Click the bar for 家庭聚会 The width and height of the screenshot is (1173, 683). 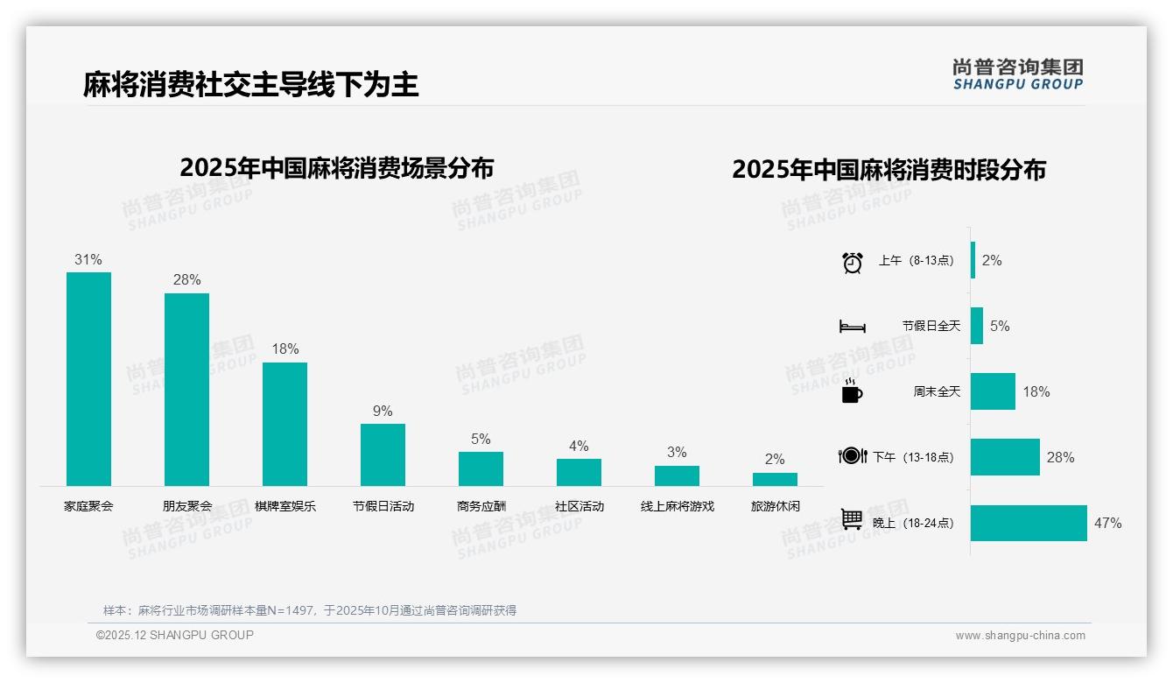pyautogui.click(x=88, y=378)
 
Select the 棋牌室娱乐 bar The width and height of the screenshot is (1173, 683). pyautogui.click(x=284, y=424)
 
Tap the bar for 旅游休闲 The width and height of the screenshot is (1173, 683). pyautogui.click(x=775, y=479)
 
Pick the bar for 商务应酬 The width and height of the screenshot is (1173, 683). pyautogui.click(x=481, y=468)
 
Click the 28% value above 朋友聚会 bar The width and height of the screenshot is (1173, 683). pyautogui.click(x=186, y=280)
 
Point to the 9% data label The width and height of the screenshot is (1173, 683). pyautogui.click(x=383, y=412)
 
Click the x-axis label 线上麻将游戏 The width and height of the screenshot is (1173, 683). pyautogui.click(x=677, y=506)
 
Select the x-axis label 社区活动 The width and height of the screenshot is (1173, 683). pyautogui.click(x=579, y=506)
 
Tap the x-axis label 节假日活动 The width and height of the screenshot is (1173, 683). pyautogui.click(x=383, y=506)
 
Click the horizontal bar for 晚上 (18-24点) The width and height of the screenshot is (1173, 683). pyautogui.click(x=1029, y=523)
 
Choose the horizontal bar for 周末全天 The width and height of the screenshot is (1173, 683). pyautogui.click(x=993, y=391)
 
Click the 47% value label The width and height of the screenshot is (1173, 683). pyautogui.click(x=1107, y=524)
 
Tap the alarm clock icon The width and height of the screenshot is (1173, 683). pyautogui.click(x=853, y=262)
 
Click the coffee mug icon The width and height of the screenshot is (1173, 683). pyautogui.click(x=852, y=391)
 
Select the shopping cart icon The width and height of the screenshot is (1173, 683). pyautogui.click(x=852, y=519)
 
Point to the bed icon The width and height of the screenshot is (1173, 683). pyautogui.click(x=852, y=327)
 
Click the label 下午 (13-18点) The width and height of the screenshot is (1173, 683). pyautogui.click(x=913, y=457)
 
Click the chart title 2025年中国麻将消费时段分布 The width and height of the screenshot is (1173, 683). pyautogui.click(x=889, y=170)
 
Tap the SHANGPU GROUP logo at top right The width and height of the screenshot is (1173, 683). pyautogui.click(x=1017, y=74)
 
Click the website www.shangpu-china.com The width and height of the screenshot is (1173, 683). pyautogui.click(x=1020, y=636)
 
